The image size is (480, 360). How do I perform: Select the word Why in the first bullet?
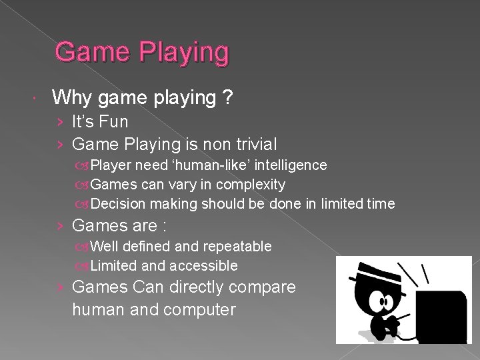(x=72, y=98)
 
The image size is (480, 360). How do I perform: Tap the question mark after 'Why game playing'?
(x=228, y=98)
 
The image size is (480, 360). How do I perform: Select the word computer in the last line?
(x=198, y=309)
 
